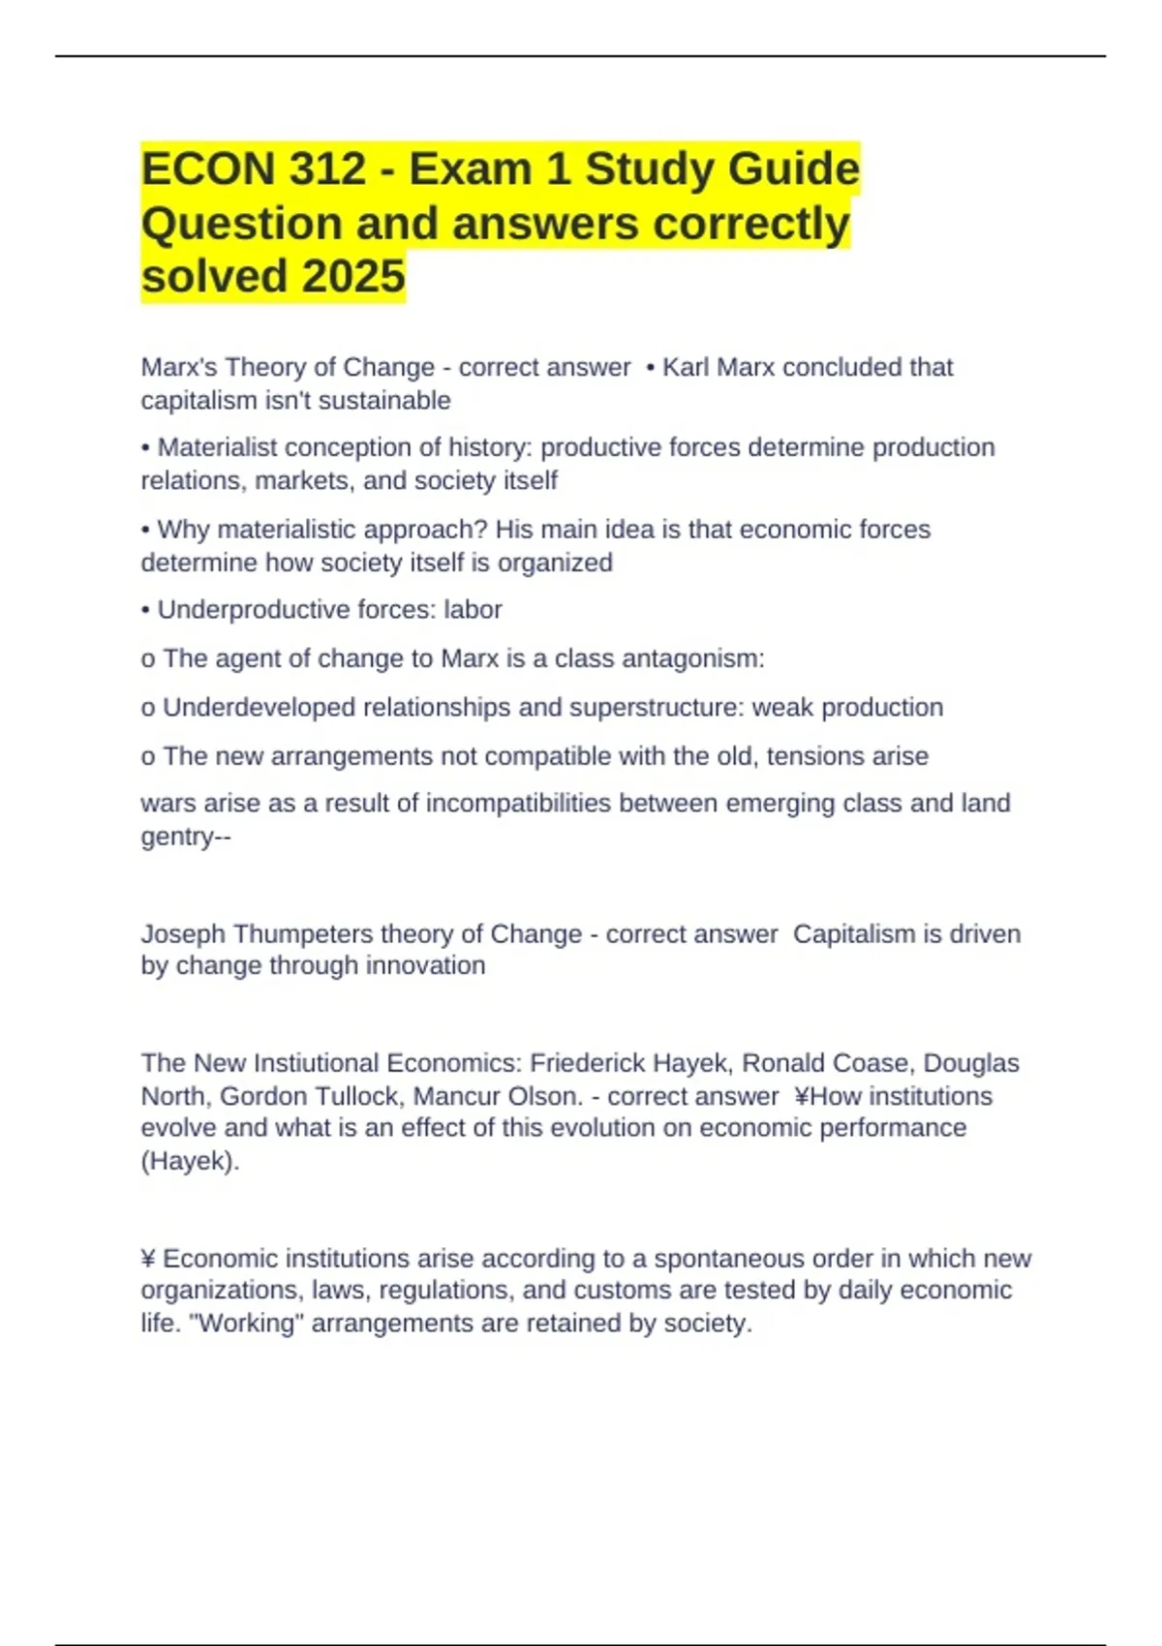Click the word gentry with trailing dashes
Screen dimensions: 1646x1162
pyautogui.click(x=186, y=838)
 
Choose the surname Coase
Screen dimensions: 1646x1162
pyautogui.click(x=871, y=1063)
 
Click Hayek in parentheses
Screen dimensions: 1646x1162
pyautogui.click(x=190, y=1161)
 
